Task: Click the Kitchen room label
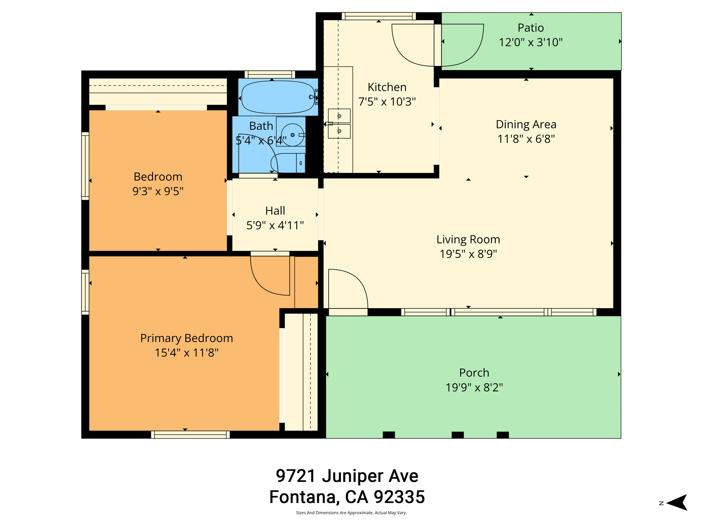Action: (x=387, y=87)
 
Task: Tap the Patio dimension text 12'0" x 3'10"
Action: (x=530, y=43)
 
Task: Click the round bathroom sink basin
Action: (x=292, y=135)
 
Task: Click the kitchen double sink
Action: (x=339, y=124)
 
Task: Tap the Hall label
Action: (x=275, y=211)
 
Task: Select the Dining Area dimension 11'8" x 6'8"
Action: (x=526, y=139)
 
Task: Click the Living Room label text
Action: (x=468, y=239)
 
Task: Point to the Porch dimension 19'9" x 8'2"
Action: (x=474, y=387)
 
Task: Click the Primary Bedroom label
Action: (x=186, y=338)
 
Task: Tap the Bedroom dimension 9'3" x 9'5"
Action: (x=158, y=191)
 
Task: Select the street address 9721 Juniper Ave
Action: (x=347, y=476)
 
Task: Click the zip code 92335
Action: (x=399, y=497)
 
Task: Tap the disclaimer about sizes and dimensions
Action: (x=351, y=513)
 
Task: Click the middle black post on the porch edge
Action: (x=457, y=435)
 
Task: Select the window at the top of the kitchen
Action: (x=379, y=16)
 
